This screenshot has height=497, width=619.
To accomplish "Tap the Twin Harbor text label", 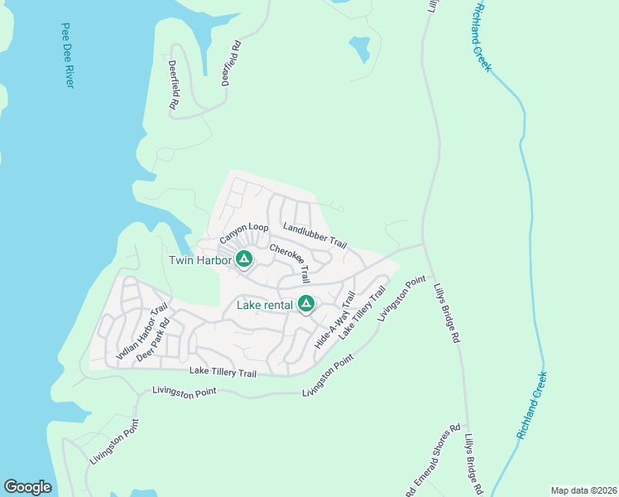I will (x=199, y=260).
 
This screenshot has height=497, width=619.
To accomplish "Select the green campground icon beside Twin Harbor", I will (x=244, y=260).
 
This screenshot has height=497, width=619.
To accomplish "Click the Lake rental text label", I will (x=264, y=305).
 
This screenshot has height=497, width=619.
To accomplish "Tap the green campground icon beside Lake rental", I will (x=306, y=305).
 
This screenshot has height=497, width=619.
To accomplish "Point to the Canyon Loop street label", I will (x=244, y=233).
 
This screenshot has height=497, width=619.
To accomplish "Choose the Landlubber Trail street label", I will (x=314, y=235).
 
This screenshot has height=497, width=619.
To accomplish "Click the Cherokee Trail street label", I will (x=290, y=263).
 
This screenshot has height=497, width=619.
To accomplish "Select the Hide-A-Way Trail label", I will (x=336, y=319).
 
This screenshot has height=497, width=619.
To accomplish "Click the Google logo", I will (x=27, y=487).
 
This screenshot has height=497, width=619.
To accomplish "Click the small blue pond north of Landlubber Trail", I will (x=360, y=49).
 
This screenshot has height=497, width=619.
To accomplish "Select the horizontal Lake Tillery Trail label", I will (x=223, y=373).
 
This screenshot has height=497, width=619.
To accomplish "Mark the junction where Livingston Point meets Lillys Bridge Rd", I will (x=424, y=244).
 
